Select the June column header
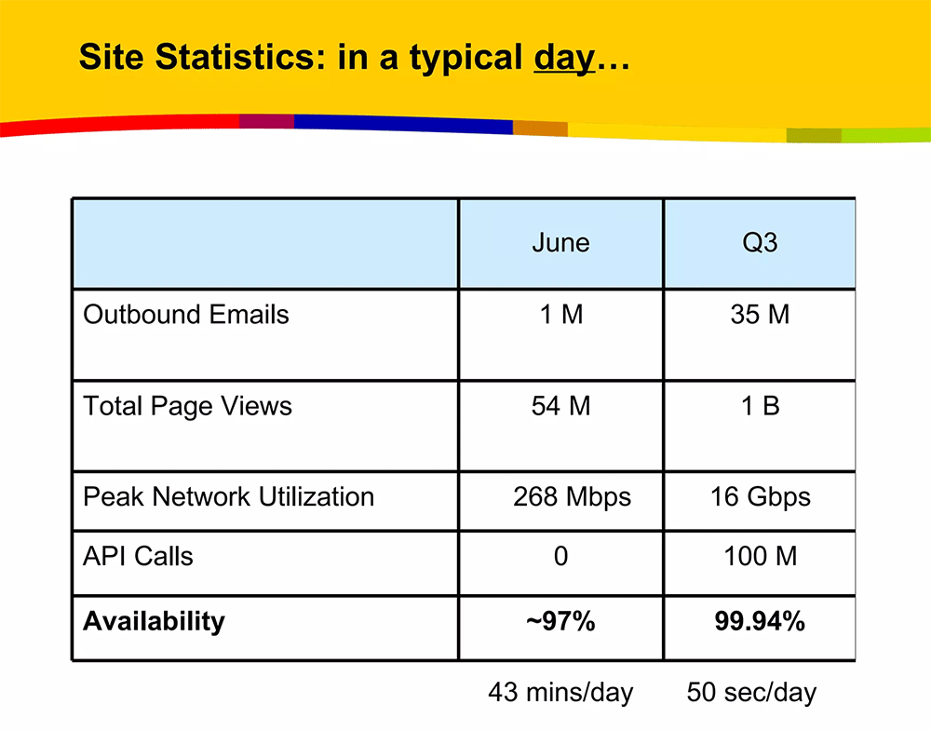pyautogui.click(x=560, y=243)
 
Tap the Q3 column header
pyautogui.click(x=760, y=243)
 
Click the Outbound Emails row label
pyautogui.click(x=186, y=314)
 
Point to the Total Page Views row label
pyautogui.click(x=188, y=407)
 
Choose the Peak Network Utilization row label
pyautogui.click(x=229, y=497)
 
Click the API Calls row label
pyautogui.click(x=138, y=557)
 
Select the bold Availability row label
pyautogui.click(x=154, y=622)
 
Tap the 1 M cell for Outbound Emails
pyautogui.click(x=561, y=314)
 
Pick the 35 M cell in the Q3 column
pyautogui.click(x=760, y=314)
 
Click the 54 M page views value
pyautogui.click(x=561, y=406)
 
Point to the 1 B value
pyautogui.click(x=760, y=406)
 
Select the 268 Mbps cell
pyautogui.click(x=572, y=498)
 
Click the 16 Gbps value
pyautogui.click(x=761, y=498)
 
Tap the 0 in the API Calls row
pyautogui.click(x=561, y=557)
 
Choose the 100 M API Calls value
pyautogui.click(x=760, y=557)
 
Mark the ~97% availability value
pyautogui.click(x=560, y=622)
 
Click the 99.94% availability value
pyautogui.click(x=760, y=622)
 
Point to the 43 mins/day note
pyautogui.click(x=560, y=693)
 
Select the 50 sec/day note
pyautogui.click(x=751, y=693)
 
